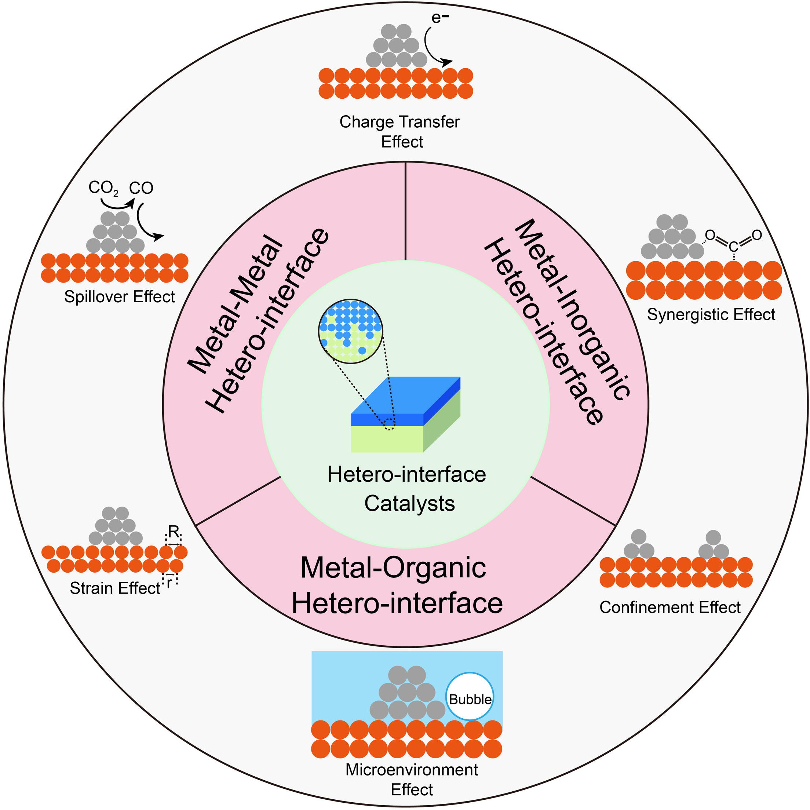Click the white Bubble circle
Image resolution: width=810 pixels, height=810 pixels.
(469, 696)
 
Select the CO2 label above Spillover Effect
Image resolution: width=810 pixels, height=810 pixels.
(103, 188)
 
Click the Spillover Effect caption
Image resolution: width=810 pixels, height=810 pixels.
(120, 297)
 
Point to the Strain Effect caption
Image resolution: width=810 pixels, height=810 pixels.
(115, 588)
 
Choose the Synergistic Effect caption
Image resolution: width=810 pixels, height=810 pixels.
(711, 314)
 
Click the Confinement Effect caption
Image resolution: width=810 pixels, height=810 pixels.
(670, 607)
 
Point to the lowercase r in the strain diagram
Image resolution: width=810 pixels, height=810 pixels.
(169, 583)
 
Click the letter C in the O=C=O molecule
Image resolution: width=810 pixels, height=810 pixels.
(733, 247)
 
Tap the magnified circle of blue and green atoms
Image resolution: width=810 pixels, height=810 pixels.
(350, 331)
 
